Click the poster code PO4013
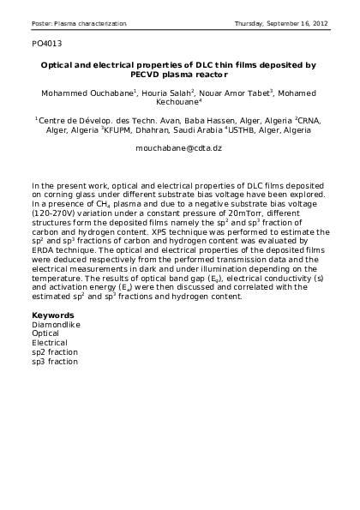[46, 41]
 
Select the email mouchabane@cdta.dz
[179, 147]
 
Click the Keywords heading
[51, 315]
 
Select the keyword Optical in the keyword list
[45, 333]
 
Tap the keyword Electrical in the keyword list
[49, 342]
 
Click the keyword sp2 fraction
[54, 351]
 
